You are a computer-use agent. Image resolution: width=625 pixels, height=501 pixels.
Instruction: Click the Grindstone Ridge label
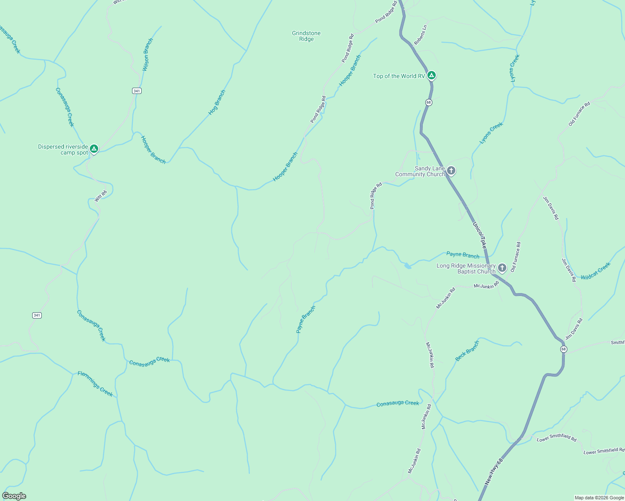[x=306, y=36]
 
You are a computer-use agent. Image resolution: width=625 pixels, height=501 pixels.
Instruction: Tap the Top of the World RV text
[x=399, y=76]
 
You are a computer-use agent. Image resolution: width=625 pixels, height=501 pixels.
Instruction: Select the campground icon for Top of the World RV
[x=432, y=76]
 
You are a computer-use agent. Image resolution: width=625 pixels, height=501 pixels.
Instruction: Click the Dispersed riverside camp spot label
[x=63, y=149]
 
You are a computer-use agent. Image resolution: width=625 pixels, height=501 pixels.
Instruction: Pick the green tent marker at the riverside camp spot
[x=94, y=149]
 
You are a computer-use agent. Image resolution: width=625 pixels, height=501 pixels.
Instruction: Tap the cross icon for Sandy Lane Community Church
[x=451, y=170]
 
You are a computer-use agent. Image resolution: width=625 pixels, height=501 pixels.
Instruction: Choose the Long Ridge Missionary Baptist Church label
[x=466, y=268]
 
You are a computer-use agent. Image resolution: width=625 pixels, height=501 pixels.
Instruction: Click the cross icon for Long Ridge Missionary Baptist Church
[x=502, y=268]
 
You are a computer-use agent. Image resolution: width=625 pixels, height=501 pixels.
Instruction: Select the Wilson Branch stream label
[x=147, y=55]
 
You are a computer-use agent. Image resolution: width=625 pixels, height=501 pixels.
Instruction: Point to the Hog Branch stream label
[x=217, y=103]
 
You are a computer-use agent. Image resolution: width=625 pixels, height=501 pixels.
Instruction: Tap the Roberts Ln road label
[x=421, y=35]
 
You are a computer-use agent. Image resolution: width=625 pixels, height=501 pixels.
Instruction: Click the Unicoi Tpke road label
[x=480, y=235]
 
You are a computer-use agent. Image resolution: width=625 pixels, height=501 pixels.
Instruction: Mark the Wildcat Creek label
[x=595, y=271]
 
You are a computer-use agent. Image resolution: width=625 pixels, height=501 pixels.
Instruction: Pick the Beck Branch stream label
[x=467, y=351]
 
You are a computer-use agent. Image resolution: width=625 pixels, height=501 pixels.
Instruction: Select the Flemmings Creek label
[x=95, y=384]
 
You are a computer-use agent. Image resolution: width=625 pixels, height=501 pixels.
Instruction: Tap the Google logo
[x=14, y=496]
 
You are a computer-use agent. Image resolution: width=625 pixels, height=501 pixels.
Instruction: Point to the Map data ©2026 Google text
[x=599, y=498]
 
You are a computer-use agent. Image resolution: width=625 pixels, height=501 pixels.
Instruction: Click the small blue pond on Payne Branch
[x=407, y=266]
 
